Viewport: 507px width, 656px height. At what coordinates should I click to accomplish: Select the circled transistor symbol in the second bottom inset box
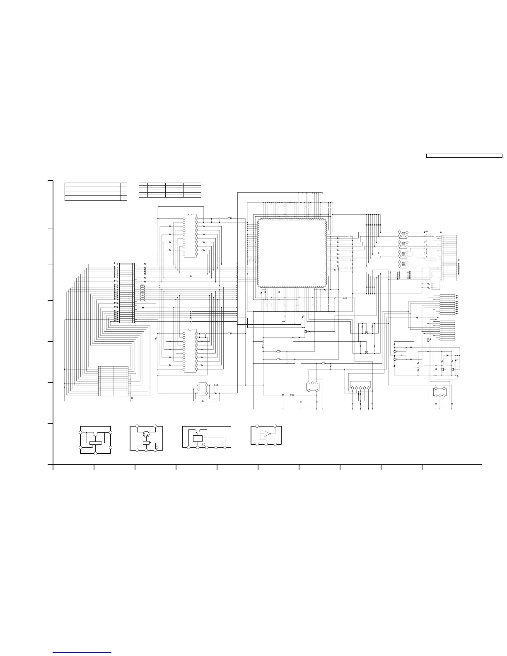point(146,434)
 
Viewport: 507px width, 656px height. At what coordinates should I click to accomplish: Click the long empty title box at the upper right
point(464,156)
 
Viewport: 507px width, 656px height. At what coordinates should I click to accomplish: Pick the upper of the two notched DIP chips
point(190,235)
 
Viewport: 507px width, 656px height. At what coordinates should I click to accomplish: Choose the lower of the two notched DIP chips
point(190,351)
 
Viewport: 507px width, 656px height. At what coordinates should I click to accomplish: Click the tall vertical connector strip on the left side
point(126,292)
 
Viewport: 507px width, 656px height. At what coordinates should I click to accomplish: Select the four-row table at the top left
point(96,191)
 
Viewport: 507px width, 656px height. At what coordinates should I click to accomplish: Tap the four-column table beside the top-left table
point(170,190)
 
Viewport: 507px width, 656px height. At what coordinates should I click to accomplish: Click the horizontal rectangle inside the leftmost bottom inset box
point(96,443)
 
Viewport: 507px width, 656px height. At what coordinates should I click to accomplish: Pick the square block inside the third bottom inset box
point(198,438)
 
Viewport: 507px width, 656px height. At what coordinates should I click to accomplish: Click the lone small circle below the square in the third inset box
point(203,444)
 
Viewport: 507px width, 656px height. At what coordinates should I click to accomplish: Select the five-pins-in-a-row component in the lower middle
point(360,388)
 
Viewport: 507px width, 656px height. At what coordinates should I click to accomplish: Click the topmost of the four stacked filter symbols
point(403,233)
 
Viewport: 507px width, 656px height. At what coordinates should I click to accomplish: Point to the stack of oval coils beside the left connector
point(142,292)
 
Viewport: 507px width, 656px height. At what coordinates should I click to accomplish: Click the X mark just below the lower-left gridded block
point(132,398)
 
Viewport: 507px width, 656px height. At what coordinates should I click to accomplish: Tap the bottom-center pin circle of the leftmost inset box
point(96,454)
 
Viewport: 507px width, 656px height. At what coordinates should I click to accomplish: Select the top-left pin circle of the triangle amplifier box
point(257,426)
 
